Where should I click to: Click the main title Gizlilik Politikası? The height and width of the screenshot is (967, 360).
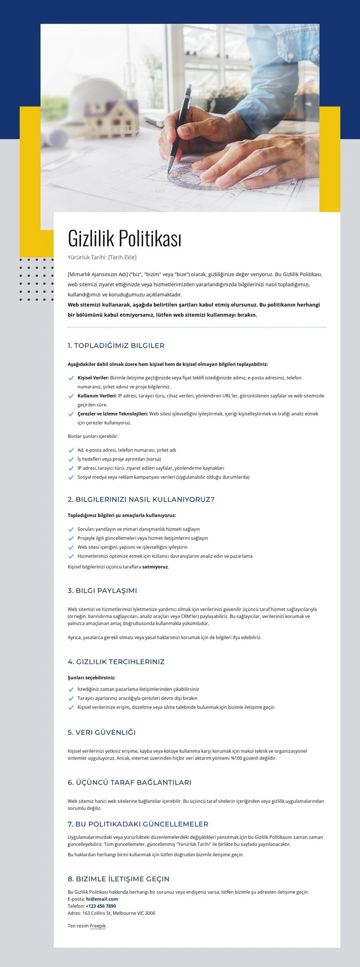click(124, 238)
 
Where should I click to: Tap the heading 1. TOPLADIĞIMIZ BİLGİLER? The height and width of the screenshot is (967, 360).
click(116, 346)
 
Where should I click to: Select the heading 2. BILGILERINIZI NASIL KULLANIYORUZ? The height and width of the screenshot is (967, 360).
click(141, 499)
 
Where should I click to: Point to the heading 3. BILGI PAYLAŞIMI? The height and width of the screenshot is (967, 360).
click(102, 591)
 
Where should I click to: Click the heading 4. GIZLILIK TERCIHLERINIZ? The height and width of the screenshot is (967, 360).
click(116, 662)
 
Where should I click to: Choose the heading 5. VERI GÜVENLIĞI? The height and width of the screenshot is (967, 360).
click(102, 732)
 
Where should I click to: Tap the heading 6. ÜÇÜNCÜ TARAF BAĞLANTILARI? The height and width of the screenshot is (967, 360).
click(130, 783)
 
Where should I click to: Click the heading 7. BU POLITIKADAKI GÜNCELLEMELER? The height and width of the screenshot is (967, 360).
click(138, 824)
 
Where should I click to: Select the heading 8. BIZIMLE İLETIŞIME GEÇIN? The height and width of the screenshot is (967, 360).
click(119, 879)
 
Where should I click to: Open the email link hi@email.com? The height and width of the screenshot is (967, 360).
click(102, 899)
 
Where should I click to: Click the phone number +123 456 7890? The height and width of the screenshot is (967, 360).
click(101, 906)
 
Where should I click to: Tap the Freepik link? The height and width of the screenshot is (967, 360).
click(97, 926)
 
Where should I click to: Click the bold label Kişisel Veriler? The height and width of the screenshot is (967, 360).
click(93, 378)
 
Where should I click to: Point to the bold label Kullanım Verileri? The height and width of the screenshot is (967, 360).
click(97, 396)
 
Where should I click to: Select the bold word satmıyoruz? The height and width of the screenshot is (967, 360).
click(155, 567)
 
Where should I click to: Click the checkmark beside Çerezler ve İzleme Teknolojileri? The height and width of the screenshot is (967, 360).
click(71, 414)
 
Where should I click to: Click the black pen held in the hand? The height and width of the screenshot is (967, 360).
click(180, 127)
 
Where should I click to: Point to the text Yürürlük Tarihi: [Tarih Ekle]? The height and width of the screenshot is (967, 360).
click(102, 257)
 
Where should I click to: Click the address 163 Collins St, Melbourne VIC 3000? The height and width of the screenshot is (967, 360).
click(119, 913)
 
